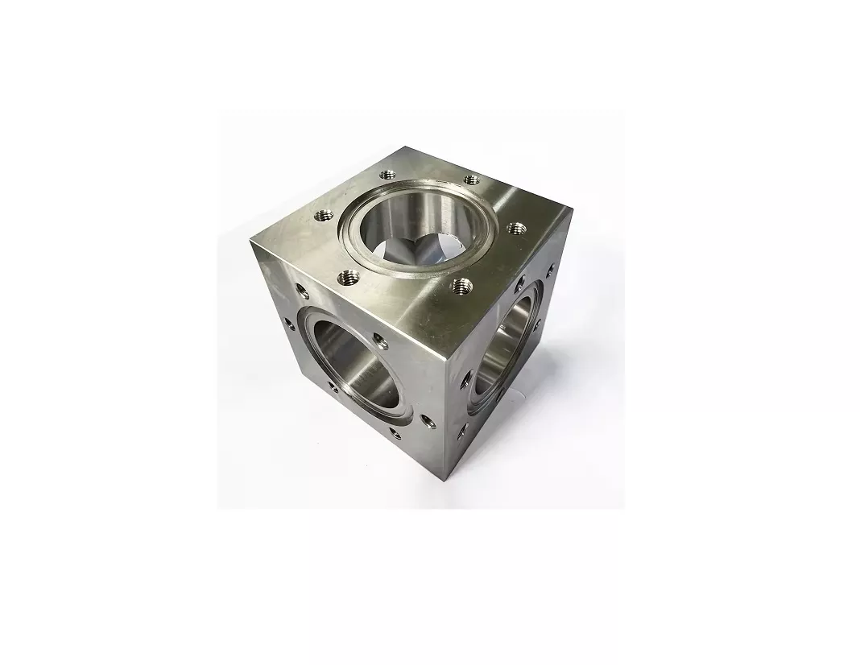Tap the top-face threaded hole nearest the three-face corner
pos(462,283)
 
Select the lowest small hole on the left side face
pos(395,433)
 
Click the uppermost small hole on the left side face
pos(301,289)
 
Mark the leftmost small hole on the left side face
pos(289,324)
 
